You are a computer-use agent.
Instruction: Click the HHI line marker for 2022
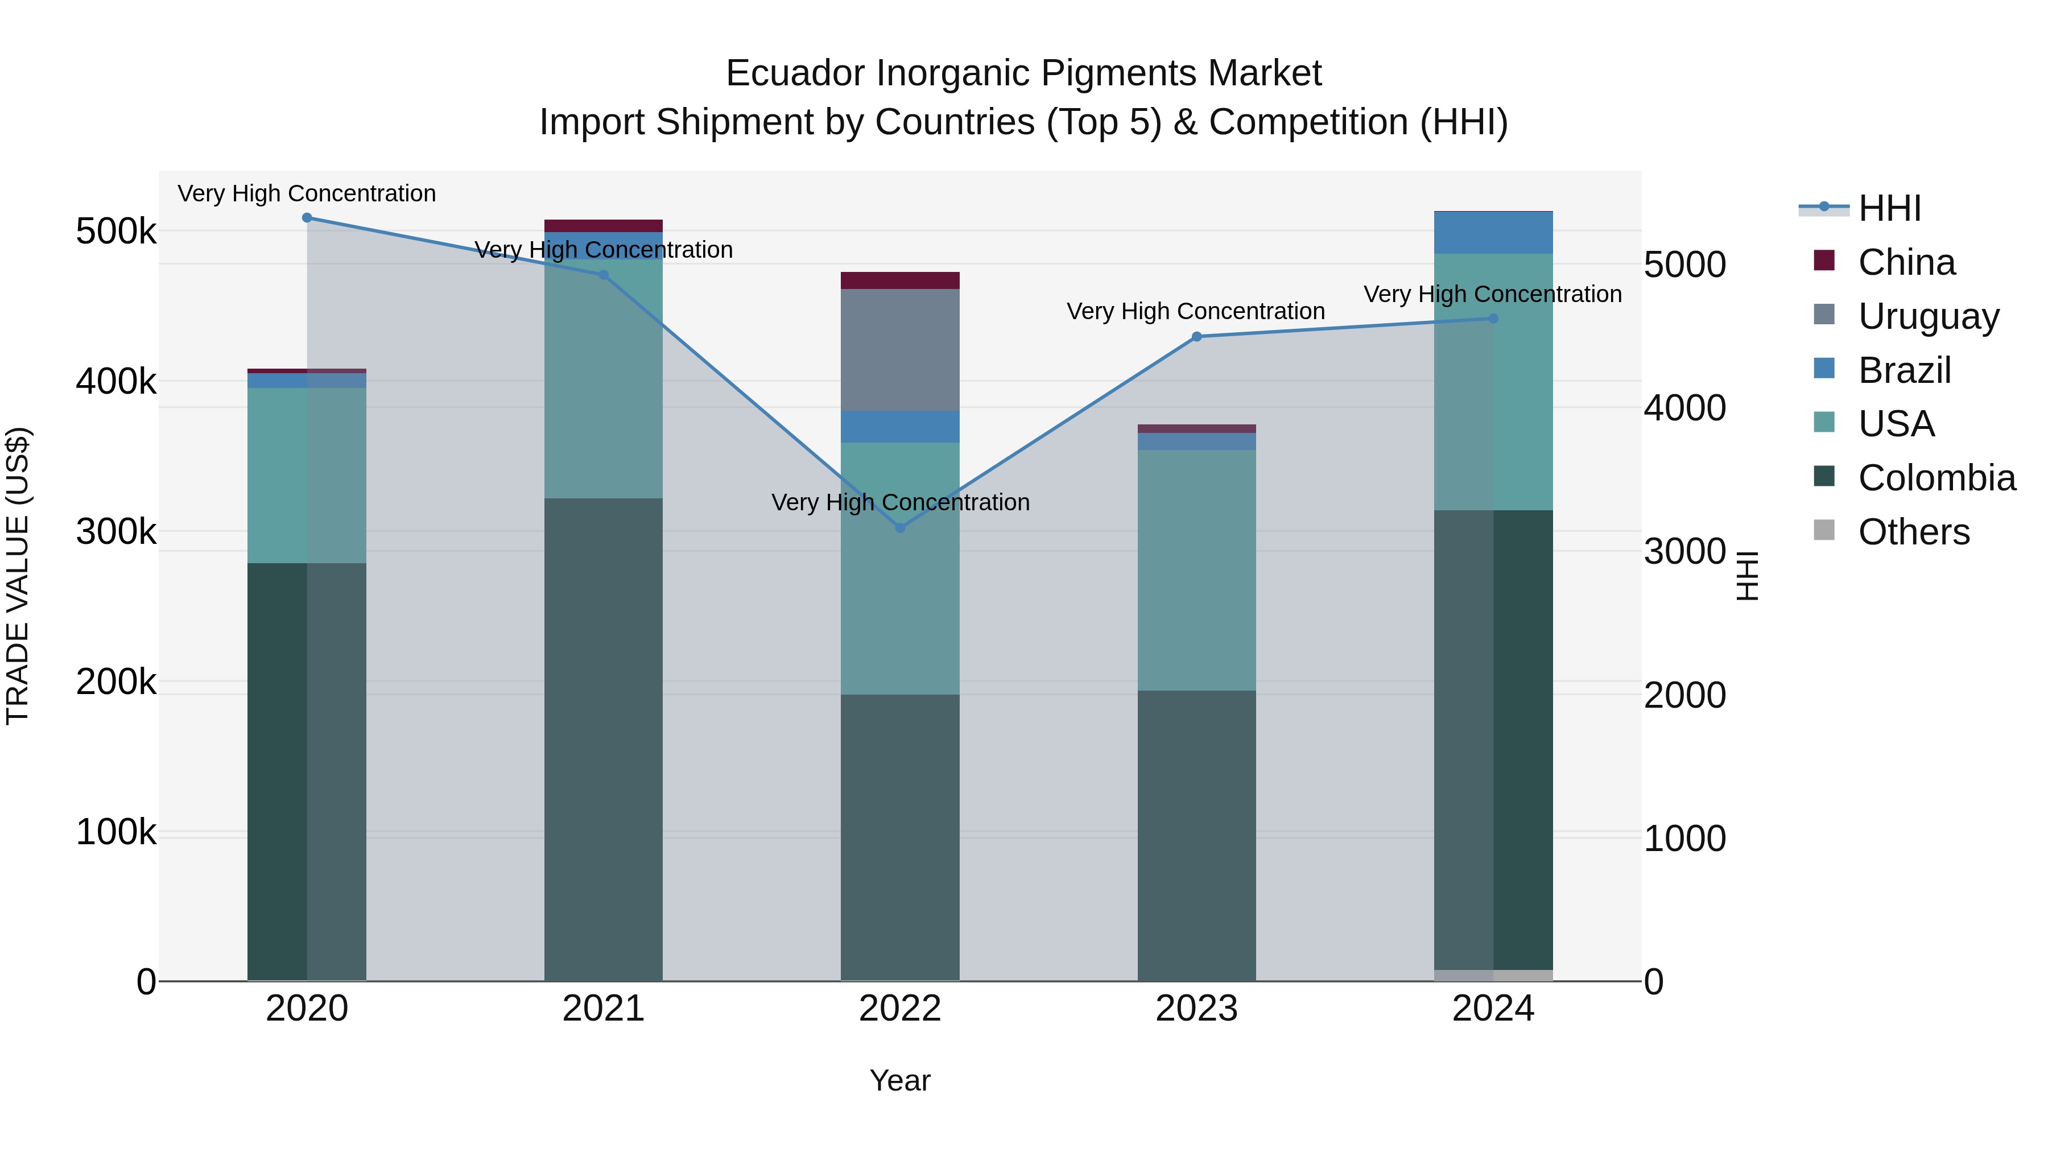pos(900,528)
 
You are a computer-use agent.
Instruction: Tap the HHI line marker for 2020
pos(307,218)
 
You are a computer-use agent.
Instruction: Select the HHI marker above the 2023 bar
pos(1196,336)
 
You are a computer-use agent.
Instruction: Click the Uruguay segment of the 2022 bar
pos(900,350)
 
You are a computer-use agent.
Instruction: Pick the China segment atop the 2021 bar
pos(604,226)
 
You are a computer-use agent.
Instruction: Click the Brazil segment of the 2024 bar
pos(1493,233)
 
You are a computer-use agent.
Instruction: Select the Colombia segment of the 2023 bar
pos(1196,835)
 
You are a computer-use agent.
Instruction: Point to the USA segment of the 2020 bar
pos(307,476)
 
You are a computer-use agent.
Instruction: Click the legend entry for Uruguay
pos(1927,316)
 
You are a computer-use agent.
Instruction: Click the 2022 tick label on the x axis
pos(900,1009)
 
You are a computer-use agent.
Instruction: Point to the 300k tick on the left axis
pos(116,532)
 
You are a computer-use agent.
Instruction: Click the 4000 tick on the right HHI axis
pos(1684,408)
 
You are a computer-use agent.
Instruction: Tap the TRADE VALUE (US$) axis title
pos(18,576)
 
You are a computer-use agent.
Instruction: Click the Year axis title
pos(900,1080)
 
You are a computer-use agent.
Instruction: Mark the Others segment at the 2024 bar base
pos(1493,976)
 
